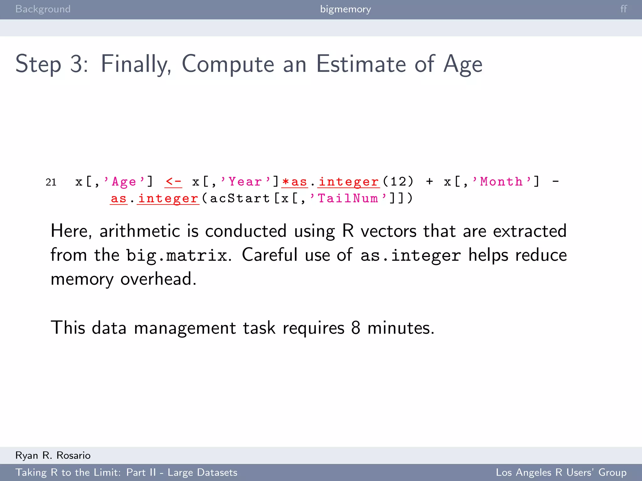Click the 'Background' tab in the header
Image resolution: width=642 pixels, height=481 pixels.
43,9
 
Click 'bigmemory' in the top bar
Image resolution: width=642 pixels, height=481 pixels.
345,9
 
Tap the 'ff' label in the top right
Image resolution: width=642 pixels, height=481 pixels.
624,9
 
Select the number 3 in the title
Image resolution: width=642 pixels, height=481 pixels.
77,64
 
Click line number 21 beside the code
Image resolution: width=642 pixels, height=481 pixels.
51,182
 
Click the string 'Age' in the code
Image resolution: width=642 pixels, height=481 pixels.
124,182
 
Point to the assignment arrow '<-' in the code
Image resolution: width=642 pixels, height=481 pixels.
173,182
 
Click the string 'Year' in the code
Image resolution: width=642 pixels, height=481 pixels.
245,182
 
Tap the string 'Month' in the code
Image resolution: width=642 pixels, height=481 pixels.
501,182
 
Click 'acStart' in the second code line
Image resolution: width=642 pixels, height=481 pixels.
240,199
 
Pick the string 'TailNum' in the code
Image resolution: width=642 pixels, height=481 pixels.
348,199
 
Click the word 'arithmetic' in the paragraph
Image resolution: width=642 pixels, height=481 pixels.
139,231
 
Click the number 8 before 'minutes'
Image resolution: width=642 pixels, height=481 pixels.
355,328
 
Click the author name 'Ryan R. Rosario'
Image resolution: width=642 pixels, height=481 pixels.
53,455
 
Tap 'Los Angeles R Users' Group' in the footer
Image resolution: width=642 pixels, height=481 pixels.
561,472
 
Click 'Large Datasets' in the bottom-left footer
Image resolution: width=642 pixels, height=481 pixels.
203,472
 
